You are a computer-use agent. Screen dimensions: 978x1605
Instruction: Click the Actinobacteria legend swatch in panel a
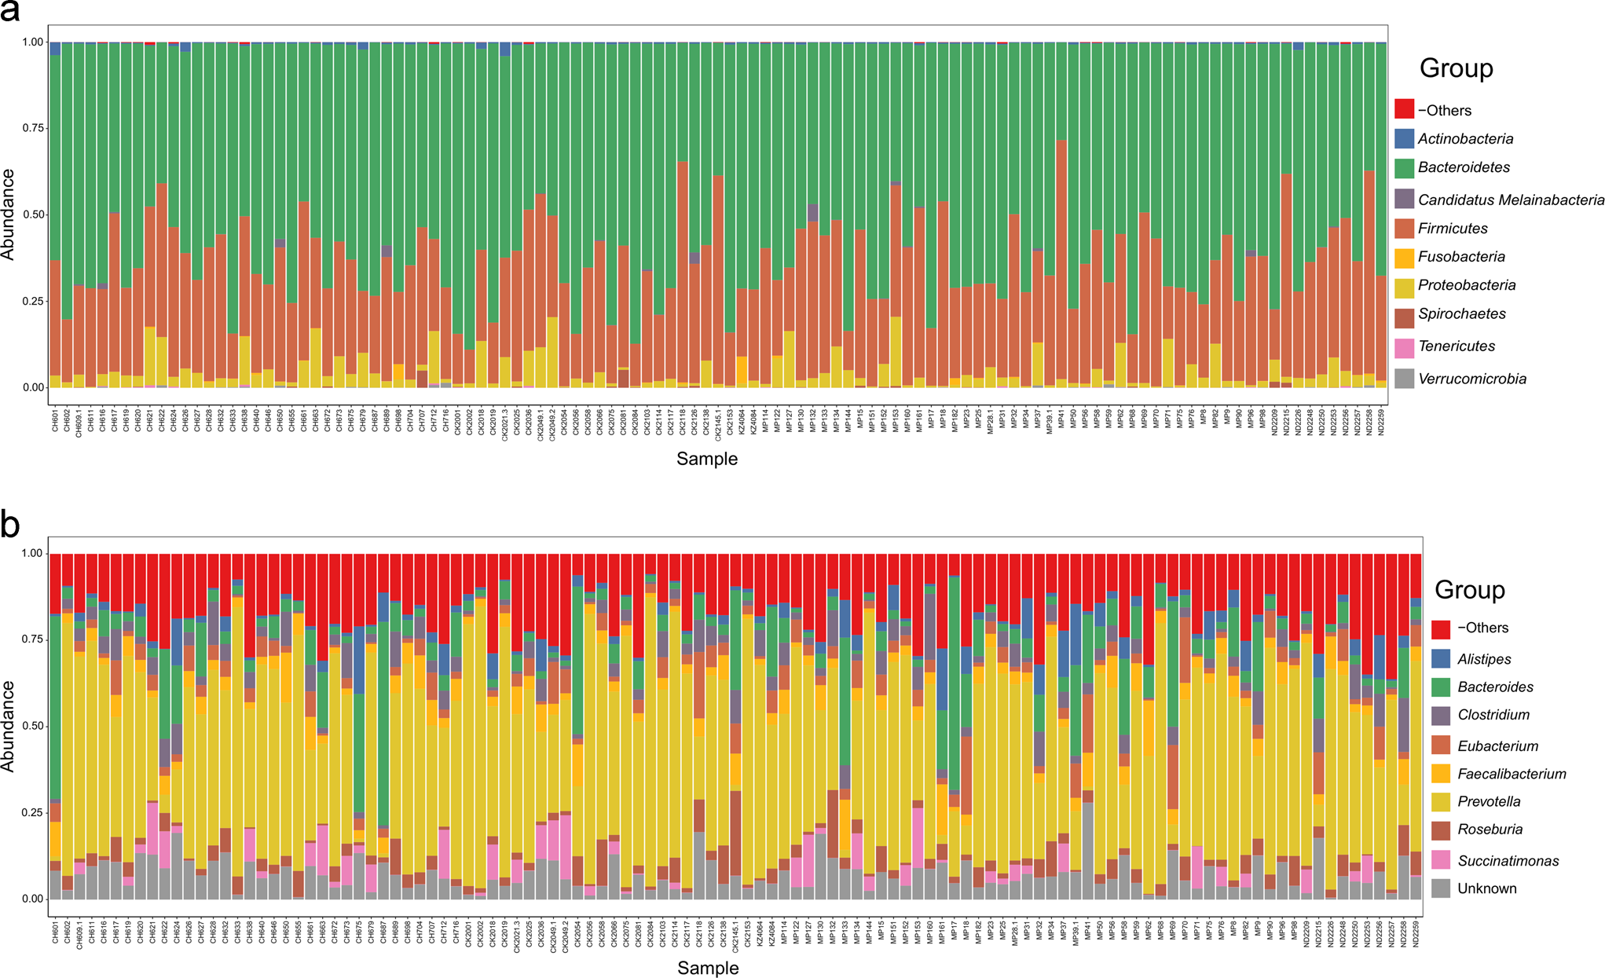[x=1404, y=139]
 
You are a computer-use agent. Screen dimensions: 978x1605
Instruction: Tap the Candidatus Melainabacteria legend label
[x=1510, y=200]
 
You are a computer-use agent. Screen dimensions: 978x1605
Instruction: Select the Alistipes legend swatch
[x=1440, y=659]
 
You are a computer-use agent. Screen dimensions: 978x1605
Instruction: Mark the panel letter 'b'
[x=9, y=524]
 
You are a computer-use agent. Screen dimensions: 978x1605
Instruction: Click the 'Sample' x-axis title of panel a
[x=706, y=459]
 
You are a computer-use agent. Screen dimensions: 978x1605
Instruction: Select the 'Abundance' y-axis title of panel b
[x=9, y=726]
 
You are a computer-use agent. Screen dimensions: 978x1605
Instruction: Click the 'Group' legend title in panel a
[x=1456, y=68]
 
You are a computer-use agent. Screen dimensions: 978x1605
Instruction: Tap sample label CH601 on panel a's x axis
[x=56, y=419]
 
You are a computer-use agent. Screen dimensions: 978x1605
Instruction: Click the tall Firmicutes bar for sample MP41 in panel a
[x=1061, y=259]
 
